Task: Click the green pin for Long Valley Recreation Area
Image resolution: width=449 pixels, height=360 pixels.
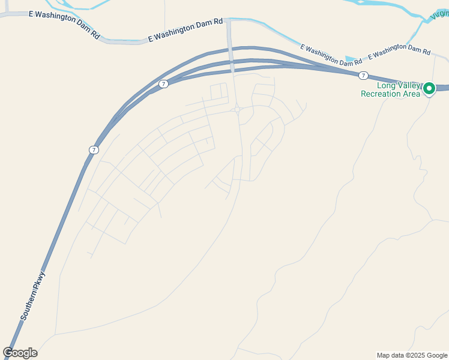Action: tap(429, 88)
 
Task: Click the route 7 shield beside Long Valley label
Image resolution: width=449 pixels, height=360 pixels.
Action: tap(363, 75)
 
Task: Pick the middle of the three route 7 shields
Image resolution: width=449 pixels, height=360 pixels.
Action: tap(163, 84)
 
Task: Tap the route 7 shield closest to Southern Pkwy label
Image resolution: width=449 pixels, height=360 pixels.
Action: tap(94, 149)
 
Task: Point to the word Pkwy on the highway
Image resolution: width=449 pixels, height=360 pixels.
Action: tap(41, 280)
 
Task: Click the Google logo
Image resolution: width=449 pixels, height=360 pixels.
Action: tap(20, 353)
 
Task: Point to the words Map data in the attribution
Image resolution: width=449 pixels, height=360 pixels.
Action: tap(390, 355)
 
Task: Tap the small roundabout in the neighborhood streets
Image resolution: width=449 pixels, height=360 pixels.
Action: tap(238, 109)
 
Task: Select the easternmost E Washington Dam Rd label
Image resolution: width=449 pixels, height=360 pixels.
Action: tap(400, 53)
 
